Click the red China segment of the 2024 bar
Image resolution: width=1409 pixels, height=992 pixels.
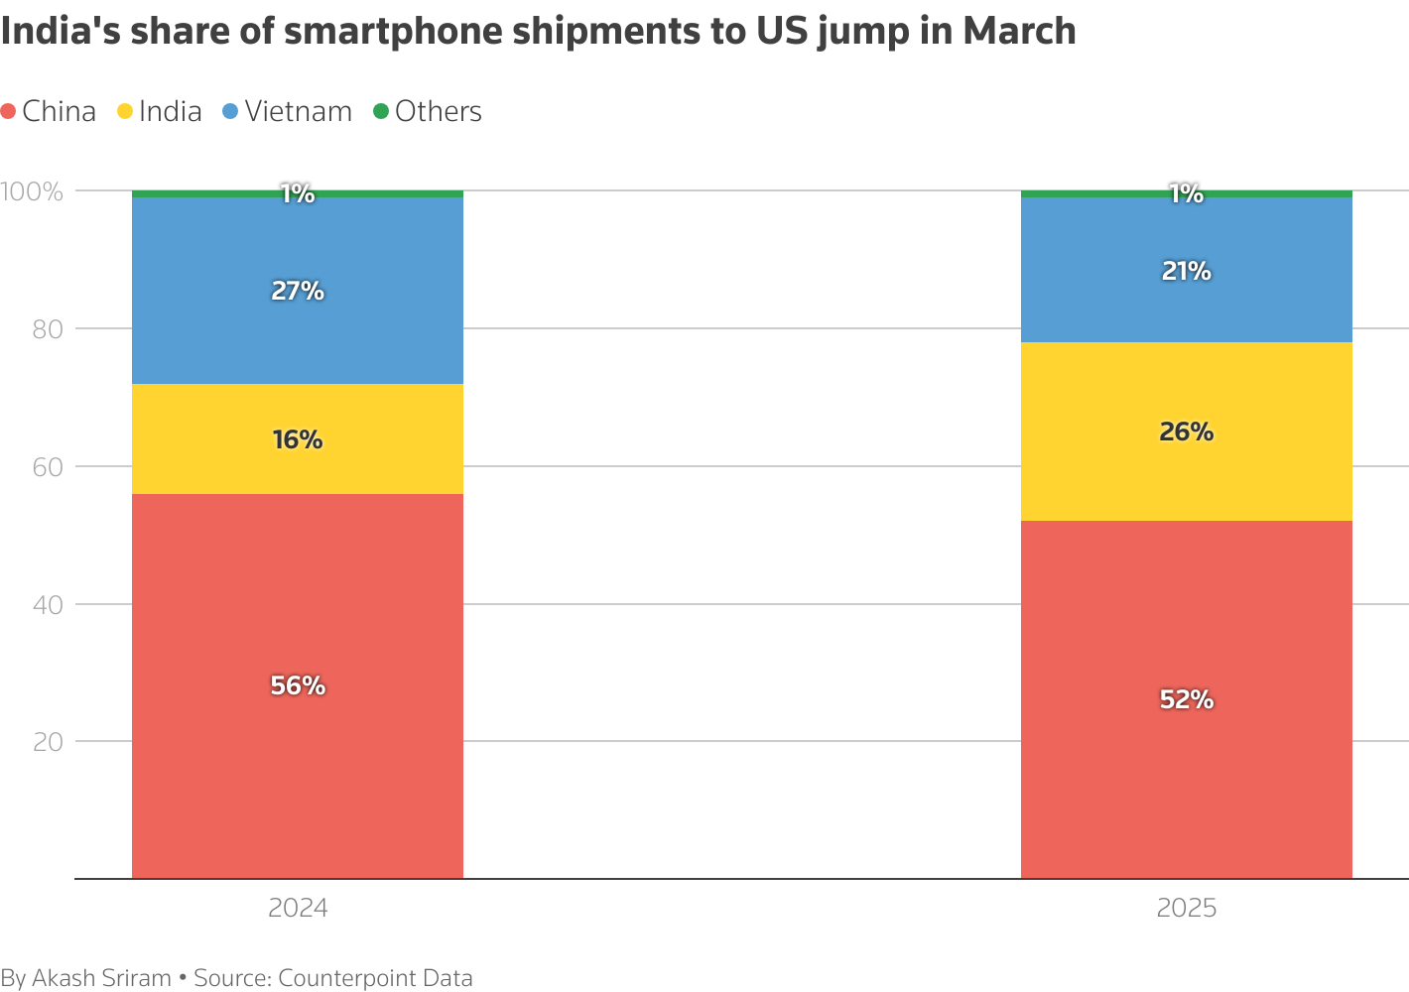298,774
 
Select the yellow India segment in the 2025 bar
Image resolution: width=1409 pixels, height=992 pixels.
1186,476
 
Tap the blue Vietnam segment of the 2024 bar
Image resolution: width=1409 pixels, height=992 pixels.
298,337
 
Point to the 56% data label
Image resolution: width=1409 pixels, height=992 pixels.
298,685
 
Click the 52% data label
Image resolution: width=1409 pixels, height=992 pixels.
1186,699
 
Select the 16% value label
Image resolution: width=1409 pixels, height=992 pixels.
298,439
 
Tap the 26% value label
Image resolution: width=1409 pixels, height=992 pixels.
1186,432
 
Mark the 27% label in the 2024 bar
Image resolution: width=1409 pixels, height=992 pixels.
298,291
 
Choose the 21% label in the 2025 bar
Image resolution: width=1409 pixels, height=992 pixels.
1186,271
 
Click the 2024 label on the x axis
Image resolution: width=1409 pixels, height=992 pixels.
298,909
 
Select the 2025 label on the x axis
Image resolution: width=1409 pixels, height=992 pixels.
1186,909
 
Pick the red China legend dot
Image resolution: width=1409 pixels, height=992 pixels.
9,112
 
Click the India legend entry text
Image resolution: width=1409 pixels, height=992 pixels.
170,112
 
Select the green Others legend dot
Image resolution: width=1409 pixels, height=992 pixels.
381,112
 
